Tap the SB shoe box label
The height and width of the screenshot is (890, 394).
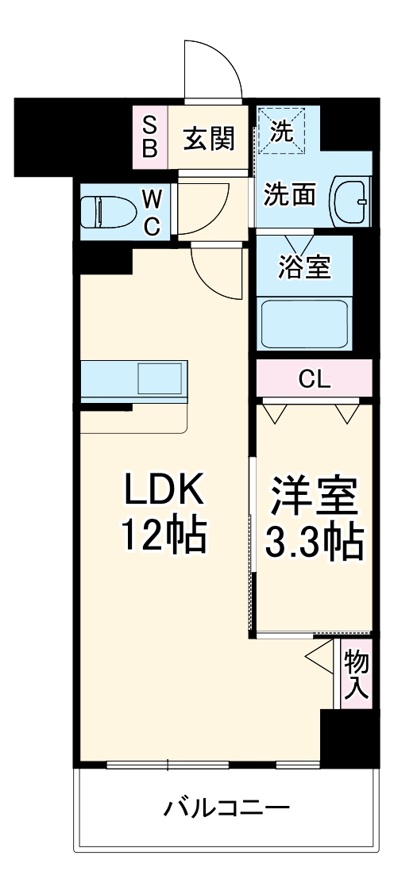[149, 136]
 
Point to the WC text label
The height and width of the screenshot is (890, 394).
[153, 211]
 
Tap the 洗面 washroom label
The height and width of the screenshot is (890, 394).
[290, 194]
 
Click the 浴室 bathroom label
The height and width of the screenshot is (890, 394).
[304, 267]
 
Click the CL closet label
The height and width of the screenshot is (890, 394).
[314, 379]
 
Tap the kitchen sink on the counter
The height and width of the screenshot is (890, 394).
[161, 378]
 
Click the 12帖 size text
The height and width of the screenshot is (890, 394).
[163, 538]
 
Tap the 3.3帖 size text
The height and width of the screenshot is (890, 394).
[311, 543]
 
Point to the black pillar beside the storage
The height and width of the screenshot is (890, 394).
[346, 738]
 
